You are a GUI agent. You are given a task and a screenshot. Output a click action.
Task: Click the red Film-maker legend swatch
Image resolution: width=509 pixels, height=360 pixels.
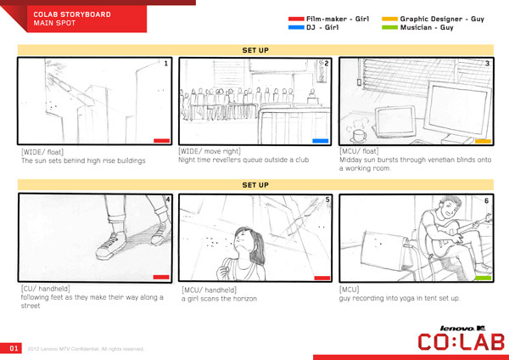click(296, 19)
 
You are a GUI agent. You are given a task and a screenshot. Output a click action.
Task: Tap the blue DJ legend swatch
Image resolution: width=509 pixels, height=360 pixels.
click(296, 28)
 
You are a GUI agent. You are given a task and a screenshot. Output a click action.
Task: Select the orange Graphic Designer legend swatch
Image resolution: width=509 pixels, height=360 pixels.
click(390, 19)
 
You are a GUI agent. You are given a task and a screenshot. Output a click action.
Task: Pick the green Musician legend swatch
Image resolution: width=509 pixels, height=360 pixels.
click(390, 28)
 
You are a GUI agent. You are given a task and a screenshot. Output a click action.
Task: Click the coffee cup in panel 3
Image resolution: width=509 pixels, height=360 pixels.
click(358, 136)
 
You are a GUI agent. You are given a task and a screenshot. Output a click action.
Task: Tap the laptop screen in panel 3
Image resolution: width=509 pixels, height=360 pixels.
click(395, 121)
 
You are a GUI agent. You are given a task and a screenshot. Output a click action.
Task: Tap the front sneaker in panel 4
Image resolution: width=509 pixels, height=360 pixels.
click(111, 246)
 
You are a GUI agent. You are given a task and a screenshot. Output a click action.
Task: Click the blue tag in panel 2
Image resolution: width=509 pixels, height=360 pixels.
click(321, 141)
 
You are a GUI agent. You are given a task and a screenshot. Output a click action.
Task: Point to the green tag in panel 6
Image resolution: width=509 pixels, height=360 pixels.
click(484, 278)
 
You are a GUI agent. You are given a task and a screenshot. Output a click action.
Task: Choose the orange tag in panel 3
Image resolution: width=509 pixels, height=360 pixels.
click(484, 141)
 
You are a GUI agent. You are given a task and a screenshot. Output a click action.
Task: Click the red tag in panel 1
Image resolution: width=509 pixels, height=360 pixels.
click(162, 141)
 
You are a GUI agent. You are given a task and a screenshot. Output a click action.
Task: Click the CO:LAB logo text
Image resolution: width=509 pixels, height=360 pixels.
click(461, 342)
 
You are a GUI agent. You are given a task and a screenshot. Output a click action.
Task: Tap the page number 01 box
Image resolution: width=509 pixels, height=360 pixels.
click(11, 348)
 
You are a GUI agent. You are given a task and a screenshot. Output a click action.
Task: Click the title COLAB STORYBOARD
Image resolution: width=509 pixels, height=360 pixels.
click(72, 14)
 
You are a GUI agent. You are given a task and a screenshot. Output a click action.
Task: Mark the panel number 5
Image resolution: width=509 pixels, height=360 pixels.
click(327, 200)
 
